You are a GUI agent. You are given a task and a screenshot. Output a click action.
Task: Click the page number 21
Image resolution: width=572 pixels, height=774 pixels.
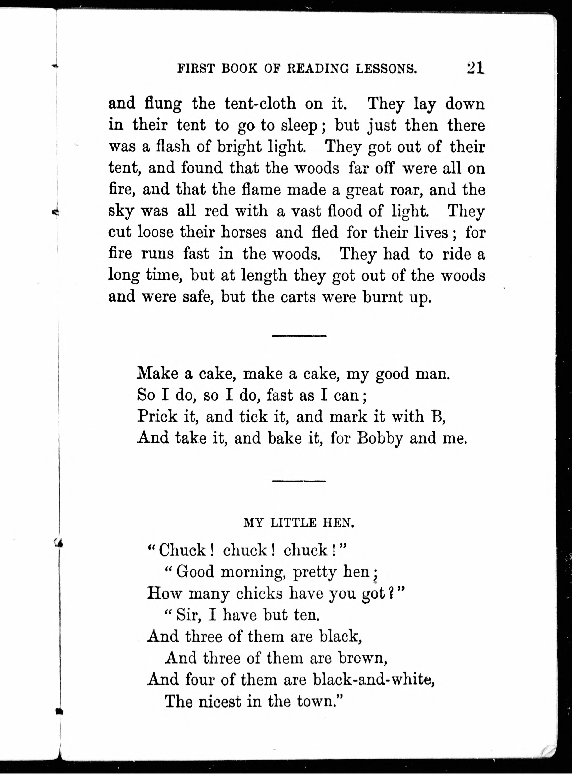tap(475, 68)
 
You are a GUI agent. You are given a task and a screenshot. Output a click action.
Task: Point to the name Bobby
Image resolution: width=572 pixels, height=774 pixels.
tap(380, 438)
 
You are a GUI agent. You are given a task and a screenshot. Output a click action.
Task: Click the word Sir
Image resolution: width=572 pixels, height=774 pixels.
tap(188, 615)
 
